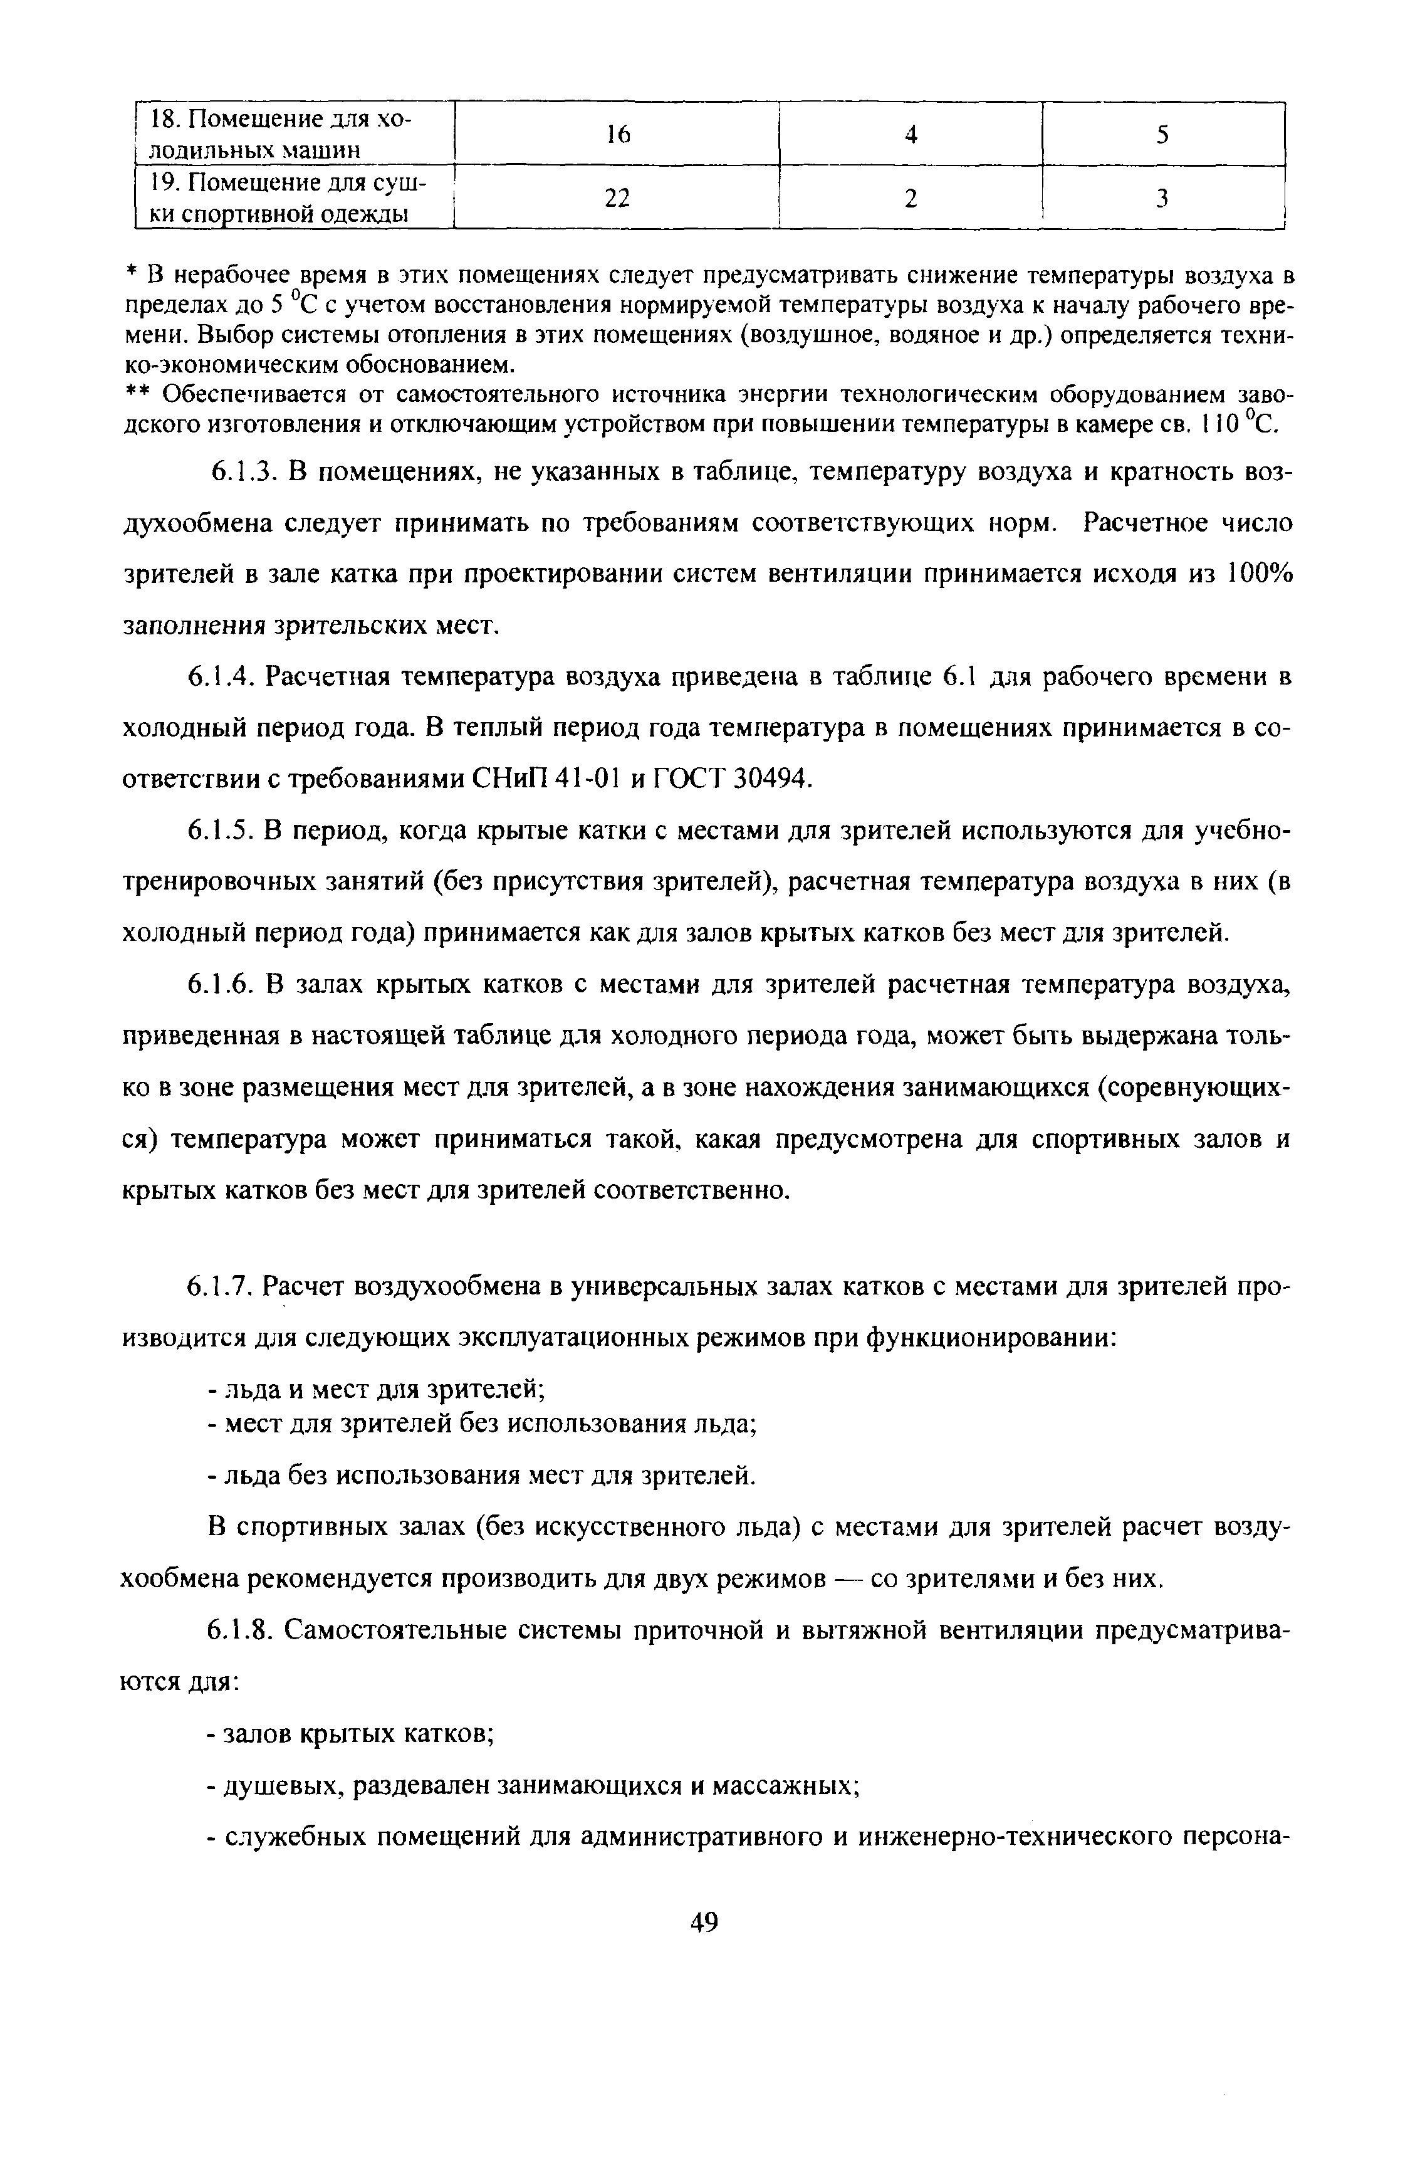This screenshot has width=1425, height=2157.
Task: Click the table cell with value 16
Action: pyautogui.click(x=617, y=135)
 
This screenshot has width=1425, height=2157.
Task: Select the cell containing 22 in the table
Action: pyautogui.click(x=617, y=198)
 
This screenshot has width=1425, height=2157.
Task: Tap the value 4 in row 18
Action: pyautogui.click(x=911, y=135)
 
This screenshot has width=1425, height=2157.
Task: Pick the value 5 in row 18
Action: pyautogui.click(x=1162, y=135)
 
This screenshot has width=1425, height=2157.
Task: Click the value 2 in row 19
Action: pyautogui.click(x=911, y=198)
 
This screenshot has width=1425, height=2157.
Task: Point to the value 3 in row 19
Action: pyautogui.click(x=1162, y=198)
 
